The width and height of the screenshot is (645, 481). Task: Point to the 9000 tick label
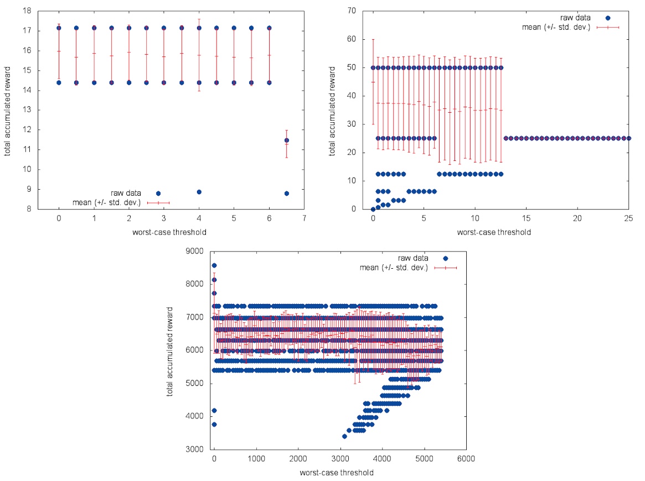197,251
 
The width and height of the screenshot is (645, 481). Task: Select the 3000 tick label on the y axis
197,449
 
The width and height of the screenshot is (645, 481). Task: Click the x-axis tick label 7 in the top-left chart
304,218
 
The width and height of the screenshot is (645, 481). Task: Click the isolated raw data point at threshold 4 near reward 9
199,192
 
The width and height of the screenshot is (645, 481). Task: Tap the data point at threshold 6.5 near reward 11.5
286,140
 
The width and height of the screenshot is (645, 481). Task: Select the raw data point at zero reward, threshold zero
373,209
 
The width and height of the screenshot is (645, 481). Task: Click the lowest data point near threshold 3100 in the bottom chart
344,436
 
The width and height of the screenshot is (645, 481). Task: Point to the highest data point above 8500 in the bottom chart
214,265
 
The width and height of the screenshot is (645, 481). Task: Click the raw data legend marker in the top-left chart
158,194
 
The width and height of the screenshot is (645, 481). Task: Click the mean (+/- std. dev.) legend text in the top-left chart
107,202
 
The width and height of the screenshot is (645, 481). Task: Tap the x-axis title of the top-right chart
494,232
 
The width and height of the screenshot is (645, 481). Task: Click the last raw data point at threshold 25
628,138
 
